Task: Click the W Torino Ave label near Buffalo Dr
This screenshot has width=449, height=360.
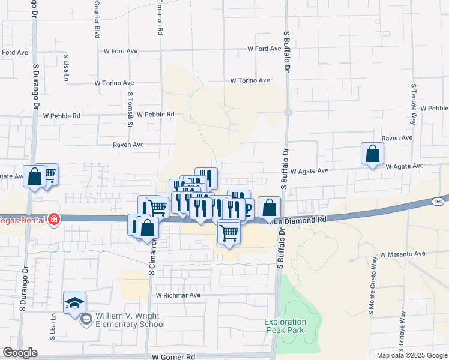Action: pyautogui.click(x=250, y=80)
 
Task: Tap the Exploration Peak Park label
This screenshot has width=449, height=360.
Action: pyautogui.click(x=285, y=326)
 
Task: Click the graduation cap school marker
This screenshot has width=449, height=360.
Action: pyautogui.click(x=74, y=302)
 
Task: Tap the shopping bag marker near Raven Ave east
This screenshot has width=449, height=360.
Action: pyautogui.click(x=373, y=153)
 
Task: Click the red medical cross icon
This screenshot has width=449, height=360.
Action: pyautogui.click(x=54, y=220)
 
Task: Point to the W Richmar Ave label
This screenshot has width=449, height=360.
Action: pyautogui.click(x=178, y=295)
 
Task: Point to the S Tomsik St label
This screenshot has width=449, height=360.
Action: pyautogui.click(x=130, y=110)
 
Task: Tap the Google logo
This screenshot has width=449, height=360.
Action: pyautogui.click(x=20, y=353)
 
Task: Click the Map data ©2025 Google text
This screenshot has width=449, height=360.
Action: pyautogui.click(x=411, y=355)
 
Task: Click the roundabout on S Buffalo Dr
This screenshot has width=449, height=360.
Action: pyautogui.click(x=288, y=112)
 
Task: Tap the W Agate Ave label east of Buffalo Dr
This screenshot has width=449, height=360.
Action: pyautogui.click(x=309, y=170)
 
